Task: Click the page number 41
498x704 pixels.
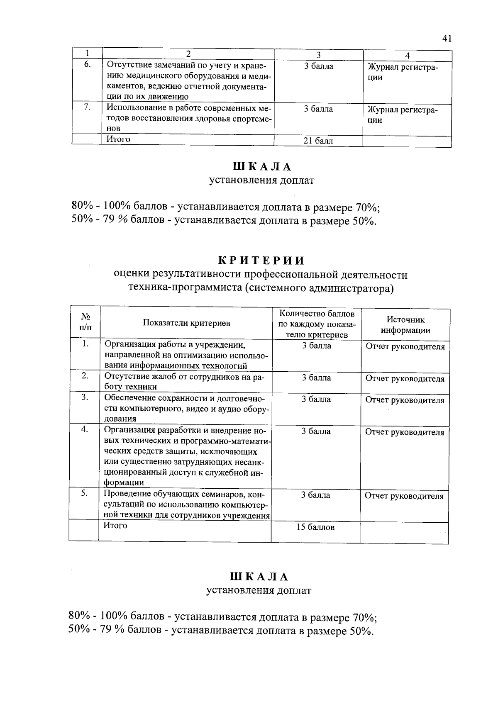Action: pos(447,39)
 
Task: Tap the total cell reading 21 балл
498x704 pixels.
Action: pos(318,141)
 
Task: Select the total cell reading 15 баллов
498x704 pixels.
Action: pos(315,527)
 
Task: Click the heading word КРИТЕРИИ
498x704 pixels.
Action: pos(261,261)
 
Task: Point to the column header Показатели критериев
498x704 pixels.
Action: pos(186,323)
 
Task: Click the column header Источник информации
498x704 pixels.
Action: pos(405,325)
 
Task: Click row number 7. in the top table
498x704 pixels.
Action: pos(87,107)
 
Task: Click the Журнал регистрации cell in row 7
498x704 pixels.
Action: pos(402,115)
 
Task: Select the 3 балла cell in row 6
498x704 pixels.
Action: pos(318,66)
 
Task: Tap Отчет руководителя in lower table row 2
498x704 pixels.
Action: pos(405,379)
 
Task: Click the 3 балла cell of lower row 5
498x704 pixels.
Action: pos(316,495)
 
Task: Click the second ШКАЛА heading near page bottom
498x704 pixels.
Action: pos(259,577)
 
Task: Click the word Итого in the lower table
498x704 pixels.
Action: pos(115,526)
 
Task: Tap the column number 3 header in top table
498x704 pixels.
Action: pos(318,55)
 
